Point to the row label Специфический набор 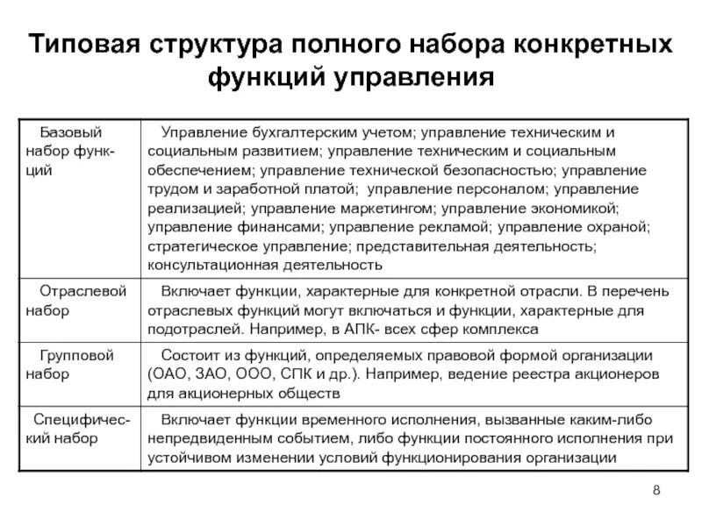pyautogui.click(x=82, y=430)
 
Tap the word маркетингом pyautogui.click(x=385, y=209)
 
